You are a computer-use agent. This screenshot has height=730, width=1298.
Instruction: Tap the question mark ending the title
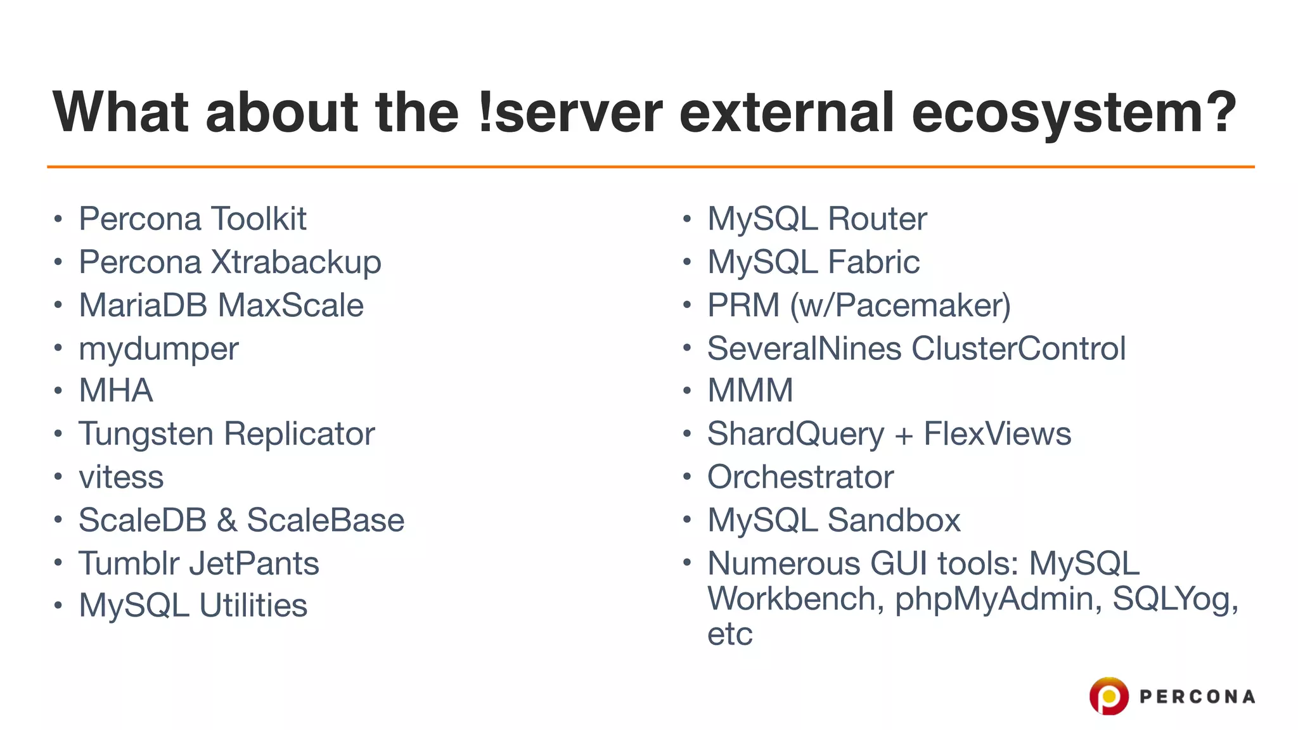click(x=1219, y=113)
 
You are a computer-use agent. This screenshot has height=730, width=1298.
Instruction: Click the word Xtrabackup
click(x=295, y=262)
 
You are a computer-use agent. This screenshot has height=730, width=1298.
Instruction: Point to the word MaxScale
click(x=291, y=305)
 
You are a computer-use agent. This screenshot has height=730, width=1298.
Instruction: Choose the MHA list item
click(x=116, y=391)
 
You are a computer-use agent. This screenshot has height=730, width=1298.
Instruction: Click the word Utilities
click(x=253, y=606)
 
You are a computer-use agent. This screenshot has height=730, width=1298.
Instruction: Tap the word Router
click(x=877, y=219)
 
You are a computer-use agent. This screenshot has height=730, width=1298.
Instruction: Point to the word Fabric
click(x=873, y=262)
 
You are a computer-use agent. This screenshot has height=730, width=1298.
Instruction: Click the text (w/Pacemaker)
click(x=900, y=305)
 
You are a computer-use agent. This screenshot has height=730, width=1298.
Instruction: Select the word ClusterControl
click(x=1018, y=349)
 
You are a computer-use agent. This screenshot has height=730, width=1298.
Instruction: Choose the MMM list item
click(x=750, y=391)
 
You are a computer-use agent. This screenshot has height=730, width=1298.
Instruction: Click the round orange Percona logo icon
click(x=1108, y=696)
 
